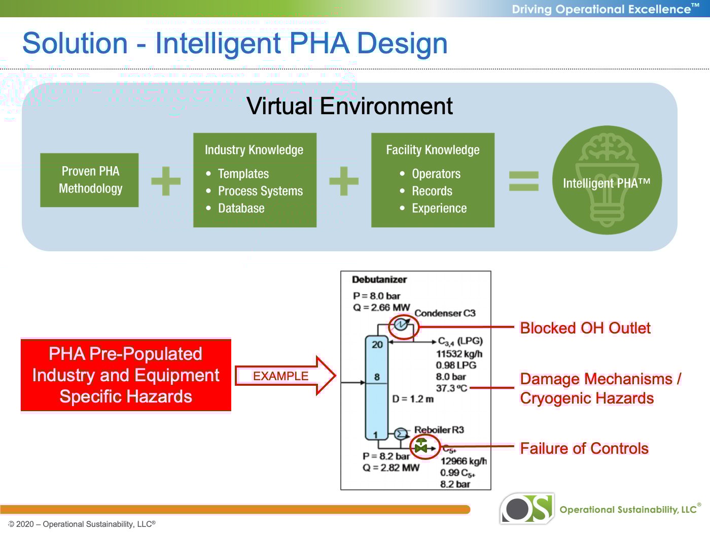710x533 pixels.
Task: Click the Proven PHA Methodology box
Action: (x=90, y=180)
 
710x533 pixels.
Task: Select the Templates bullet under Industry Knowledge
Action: (x=243, y=174)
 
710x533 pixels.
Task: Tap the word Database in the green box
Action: (x=241, y=208)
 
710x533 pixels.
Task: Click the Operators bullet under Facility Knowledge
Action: (x=436, y=174)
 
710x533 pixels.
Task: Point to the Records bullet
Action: (x=432, y=191)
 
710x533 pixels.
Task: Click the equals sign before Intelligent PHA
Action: (x=523, y=181)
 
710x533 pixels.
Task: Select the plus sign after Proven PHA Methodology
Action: (x=166, y=181)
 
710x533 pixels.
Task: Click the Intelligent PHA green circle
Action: (x=607, y=180)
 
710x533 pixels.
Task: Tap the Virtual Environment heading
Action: (x=349, y=106)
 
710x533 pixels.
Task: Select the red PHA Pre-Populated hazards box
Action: (x=126, y=375)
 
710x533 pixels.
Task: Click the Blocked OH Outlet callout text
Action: (x=585, y=328)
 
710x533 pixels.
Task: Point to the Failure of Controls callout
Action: (x=584, y=448)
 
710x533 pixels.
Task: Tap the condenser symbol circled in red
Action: (x=401, y=324)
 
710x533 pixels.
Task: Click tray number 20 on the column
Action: (x=377, y=345)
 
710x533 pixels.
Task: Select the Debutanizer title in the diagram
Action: (x=379, y=280)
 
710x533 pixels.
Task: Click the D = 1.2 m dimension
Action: (x=413, y=399)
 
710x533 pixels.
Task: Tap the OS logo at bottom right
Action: (x=527, y=508)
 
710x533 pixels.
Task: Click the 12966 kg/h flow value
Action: (x=463, y=461)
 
